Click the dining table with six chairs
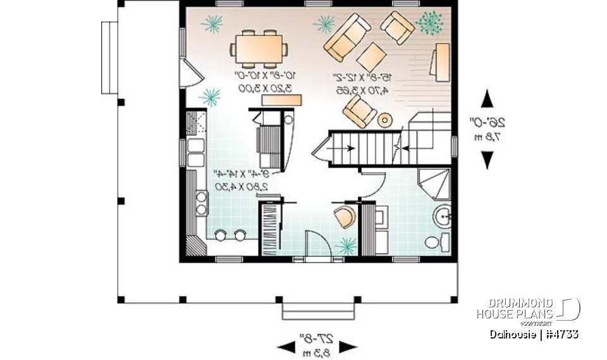click(259, 47)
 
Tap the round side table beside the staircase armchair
click(384, 120)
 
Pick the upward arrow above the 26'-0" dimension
click(486, 100)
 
